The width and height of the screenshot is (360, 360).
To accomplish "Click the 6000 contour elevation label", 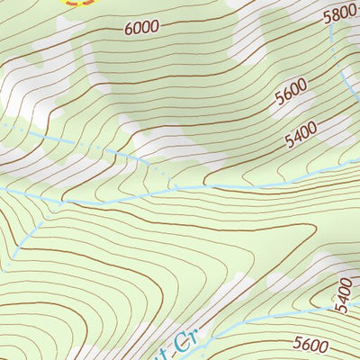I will coord(142,28).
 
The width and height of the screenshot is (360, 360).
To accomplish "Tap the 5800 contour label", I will coord(340,13).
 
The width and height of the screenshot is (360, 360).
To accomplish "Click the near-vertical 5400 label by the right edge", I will coord(343,295).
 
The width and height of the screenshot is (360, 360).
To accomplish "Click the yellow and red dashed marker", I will coord(76,3).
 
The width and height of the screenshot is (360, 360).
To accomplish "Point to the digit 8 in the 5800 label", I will coord(336,13).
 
